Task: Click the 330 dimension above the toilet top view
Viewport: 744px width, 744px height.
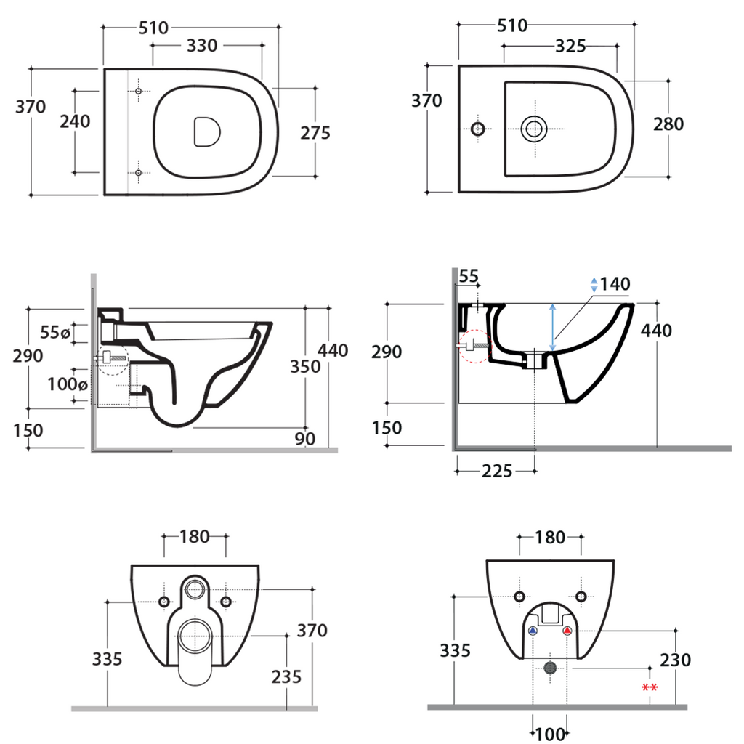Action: (x=201, y=46)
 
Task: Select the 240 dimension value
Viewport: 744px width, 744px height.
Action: (x=75, y=121)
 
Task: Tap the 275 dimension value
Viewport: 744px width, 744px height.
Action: (x=315, y=133)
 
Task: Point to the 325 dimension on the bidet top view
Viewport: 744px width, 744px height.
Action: (x=570, y=46)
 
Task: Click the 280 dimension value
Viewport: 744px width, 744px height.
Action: (x=668, y=124)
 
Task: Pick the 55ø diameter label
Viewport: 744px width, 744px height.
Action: (x=55, y=333)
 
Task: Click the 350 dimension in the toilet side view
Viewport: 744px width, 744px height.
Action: (x=305, y=366)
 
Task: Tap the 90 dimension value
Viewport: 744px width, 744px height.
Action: (x=305, y=439)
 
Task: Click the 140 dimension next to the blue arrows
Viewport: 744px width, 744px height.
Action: (x=615, y=284)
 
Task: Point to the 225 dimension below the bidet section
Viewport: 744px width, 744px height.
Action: (x=496, y=472)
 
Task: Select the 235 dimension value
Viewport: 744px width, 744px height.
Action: (x=287, y=676)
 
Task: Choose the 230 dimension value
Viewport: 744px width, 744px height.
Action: (x=676, y=660)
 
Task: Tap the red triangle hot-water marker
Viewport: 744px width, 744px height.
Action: (x=567, y=631)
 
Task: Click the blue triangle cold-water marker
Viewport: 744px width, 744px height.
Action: (x=533, y=631)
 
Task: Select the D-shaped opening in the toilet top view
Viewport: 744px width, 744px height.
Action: (x=207, y=131)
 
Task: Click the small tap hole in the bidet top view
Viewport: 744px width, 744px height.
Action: (x=477, y=129)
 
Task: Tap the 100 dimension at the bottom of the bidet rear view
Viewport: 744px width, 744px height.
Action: (x=550, y=734)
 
